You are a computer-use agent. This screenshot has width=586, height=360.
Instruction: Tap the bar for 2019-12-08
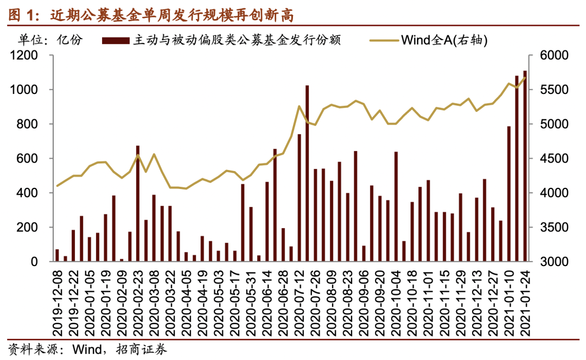pyautogui.click(x=57, y=256)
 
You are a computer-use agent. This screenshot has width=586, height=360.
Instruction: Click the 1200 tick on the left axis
pyautogui.click(x=26, y=55)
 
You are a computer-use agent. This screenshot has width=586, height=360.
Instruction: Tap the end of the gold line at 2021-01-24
pyautogui.click(x=525, y=78)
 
